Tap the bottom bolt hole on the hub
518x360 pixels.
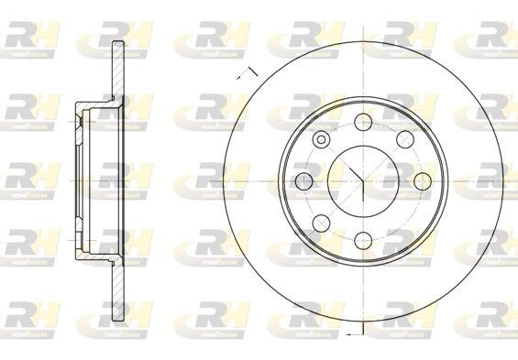(361, 241)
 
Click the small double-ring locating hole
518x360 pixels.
(322, 139)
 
